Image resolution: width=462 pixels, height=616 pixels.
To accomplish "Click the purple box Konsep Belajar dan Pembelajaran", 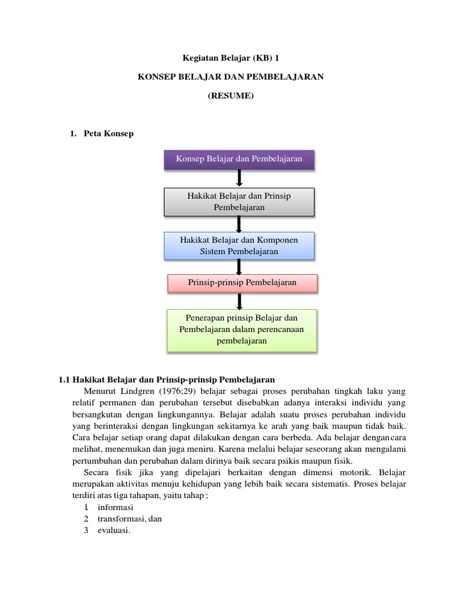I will (x=239, y=159).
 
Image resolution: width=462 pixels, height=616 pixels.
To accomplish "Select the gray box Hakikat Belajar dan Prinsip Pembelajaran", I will (x=239, y=201).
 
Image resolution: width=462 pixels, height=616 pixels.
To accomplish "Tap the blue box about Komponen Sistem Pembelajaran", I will (x=239, y=245).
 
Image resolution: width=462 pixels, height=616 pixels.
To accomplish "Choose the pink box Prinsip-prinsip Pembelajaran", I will (x=242, y=283).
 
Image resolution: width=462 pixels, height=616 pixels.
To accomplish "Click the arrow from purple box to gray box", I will (x=239, y=178).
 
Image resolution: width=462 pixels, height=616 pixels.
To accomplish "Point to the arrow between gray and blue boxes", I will (x=239, y=223).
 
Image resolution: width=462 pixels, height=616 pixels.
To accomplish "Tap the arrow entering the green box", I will (x=239, y=300).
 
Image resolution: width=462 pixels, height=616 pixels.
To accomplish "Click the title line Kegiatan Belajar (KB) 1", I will (x=231, y=58).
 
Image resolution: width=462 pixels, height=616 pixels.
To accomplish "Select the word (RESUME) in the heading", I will (x=231, y=95).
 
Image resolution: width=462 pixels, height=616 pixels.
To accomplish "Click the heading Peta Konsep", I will (x=109, y=134).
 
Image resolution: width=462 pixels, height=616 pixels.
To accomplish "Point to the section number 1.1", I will (x=64, y=380).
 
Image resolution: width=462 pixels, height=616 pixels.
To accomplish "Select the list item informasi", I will (x=116, y=507).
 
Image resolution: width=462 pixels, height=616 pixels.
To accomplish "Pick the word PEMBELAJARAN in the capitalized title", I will (x=291, y=77).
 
